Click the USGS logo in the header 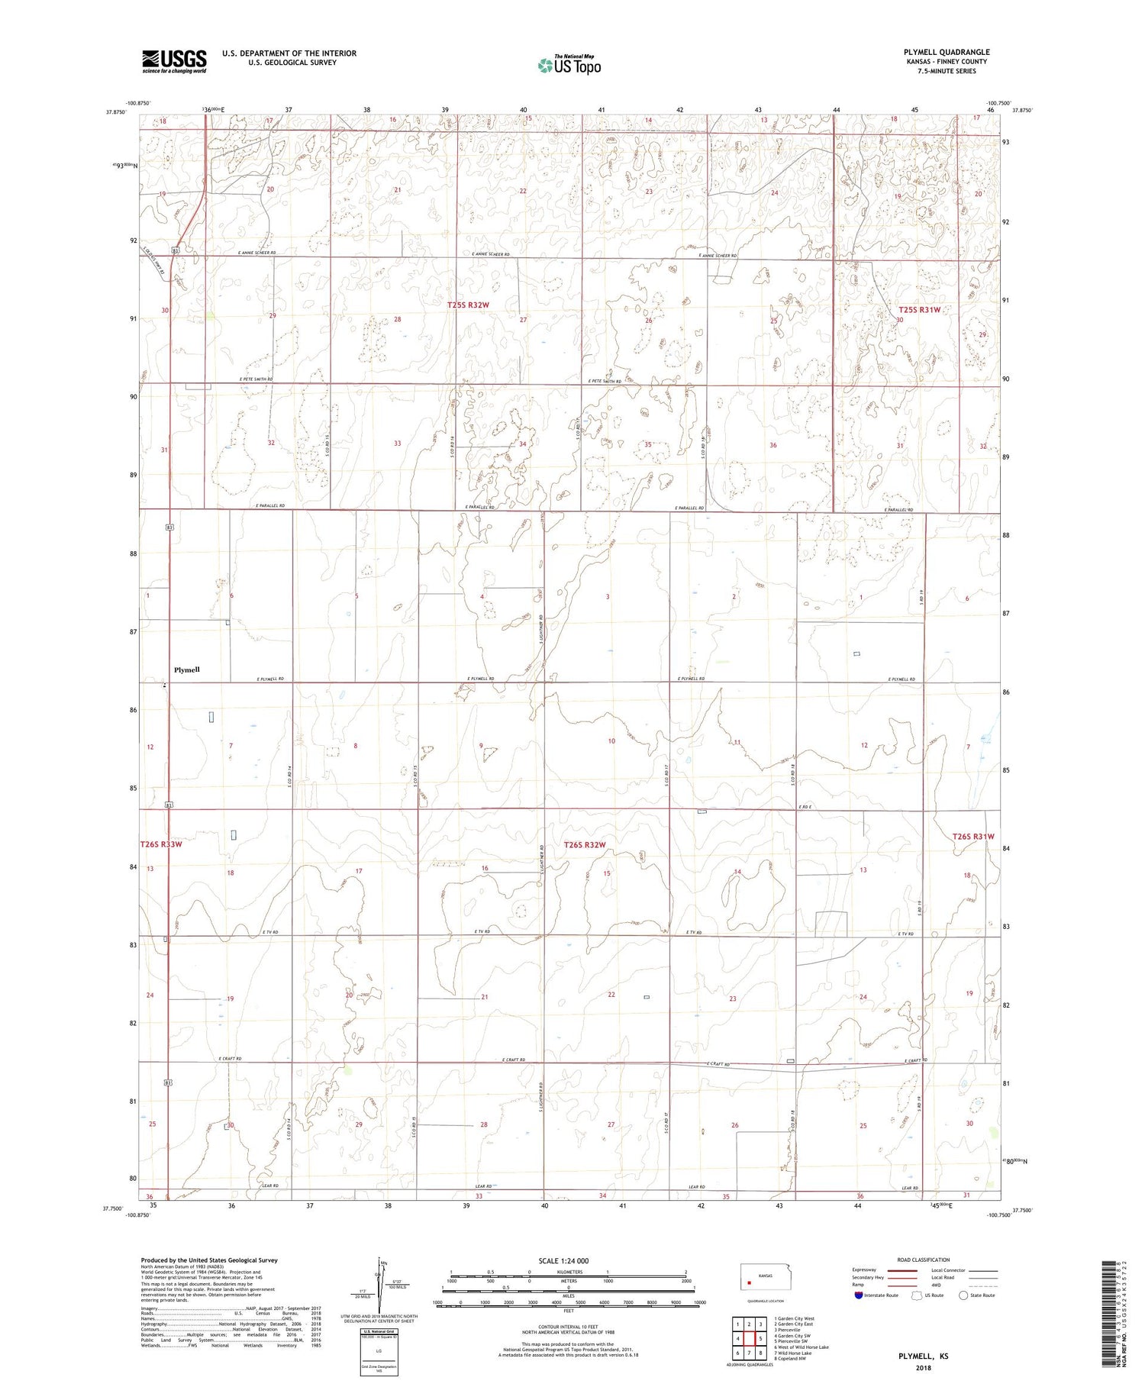click(x=174, y=61)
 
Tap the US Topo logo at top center click(x=569, y=66)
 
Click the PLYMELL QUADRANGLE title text click(x=946, y=52)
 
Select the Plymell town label click(x=186, y=669)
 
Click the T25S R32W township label click(x=468, y=305)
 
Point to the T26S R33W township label click(x=161, y=844)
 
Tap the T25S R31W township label click(x=919, y=310)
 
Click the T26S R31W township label click(x=973, y=837)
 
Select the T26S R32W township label click(x=585, y=844)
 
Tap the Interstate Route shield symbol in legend click(x=859, y=1295)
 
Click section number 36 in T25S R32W click(x=772, y=445)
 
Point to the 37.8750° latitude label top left click(x=114, y=111)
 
